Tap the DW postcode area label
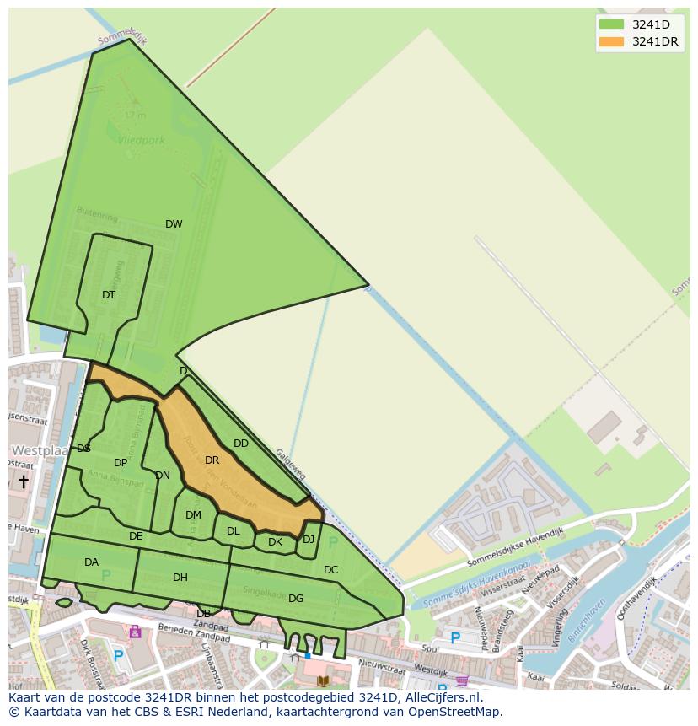tap(174, 224)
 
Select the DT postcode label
tap(109, 295)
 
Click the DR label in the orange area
tap(212, 460)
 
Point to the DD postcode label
tap(241, 444)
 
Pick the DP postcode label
tap(121, 463)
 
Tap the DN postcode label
tap(163, 476)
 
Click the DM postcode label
tap(193, 515)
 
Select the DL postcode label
tap(234, 531)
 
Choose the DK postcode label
tap(275, 542)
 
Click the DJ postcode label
tap(309, 540)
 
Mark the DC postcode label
tap(330, 570)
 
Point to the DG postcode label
tap(296, 599)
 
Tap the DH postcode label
tap(180, 578)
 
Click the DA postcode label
tap(91, 562)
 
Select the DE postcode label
tap(136, 536)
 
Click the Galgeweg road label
tap(291, 465)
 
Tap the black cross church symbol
tap(23, 481)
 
